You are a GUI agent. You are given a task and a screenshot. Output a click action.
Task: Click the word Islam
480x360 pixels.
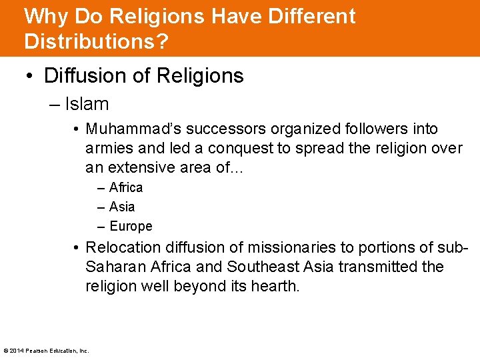(87, 104)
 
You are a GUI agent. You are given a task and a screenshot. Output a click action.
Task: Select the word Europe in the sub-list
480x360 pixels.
(131, 226)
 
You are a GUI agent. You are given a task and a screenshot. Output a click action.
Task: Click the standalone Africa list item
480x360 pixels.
(126, 187)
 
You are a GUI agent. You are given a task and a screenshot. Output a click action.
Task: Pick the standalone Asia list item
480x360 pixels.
(122, 207)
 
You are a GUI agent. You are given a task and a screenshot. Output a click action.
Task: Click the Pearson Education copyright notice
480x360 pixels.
(46, 351)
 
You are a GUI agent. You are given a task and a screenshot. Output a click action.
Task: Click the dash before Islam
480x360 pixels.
(54, 105)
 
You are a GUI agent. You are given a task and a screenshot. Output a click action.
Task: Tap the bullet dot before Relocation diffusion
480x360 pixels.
(77, 248)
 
